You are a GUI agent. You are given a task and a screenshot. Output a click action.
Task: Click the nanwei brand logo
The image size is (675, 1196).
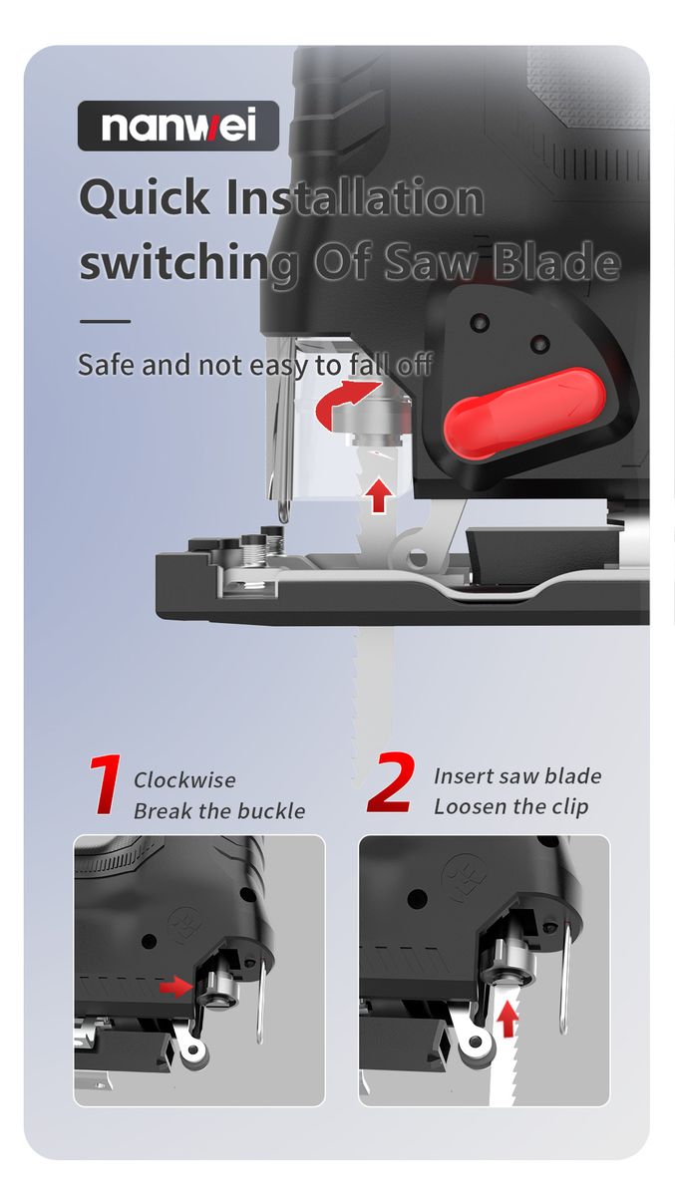point(178,126)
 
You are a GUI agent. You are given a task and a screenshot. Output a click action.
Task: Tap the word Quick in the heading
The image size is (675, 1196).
point(145,198)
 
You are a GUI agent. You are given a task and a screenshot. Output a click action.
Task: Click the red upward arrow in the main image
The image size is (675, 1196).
point(379,495)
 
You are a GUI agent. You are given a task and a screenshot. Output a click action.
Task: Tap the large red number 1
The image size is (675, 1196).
point(107,784)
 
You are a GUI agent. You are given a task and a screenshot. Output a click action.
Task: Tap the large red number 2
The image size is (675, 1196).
point(392,782)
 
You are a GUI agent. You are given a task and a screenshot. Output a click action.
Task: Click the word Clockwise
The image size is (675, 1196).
point(184,780)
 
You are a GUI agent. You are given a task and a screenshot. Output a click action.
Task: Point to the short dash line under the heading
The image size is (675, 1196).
point(106,321)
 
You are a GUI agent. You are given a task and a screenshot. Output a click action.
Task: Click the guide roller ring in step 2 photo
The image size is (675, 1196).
point(475,1042)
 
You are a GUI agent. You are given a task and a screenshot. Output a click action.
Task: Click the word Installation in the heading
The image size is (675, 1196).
point(355,198)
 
